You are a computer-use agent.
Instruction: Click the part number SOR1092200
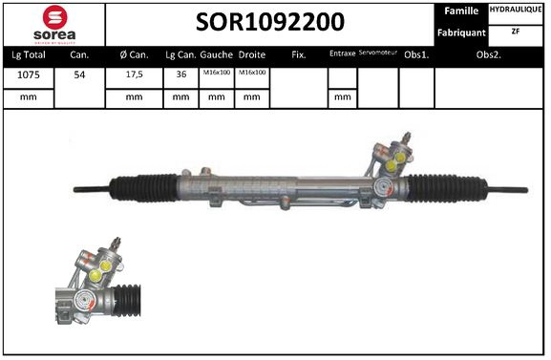coord(270,22)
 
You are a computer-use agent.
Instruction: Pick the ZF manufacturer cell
coord(517,31)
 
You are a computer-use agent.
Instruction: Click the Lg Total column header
coord(28,54)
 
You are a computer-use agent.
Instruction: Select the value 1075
coord(28,74)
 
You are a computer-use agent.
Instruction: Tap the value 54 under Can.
coord(81,74)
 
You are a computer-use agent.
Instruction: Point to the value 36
coord(180,74)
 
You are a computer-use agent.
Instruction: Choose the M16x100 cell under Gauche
coord(216,74)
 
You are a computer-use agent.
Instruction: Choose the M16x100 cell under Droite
coord(251,74)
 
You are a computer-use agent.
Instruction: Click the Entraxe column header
coord(341,54)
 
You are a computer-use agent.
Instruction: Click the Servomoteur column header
coord(377,53)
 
